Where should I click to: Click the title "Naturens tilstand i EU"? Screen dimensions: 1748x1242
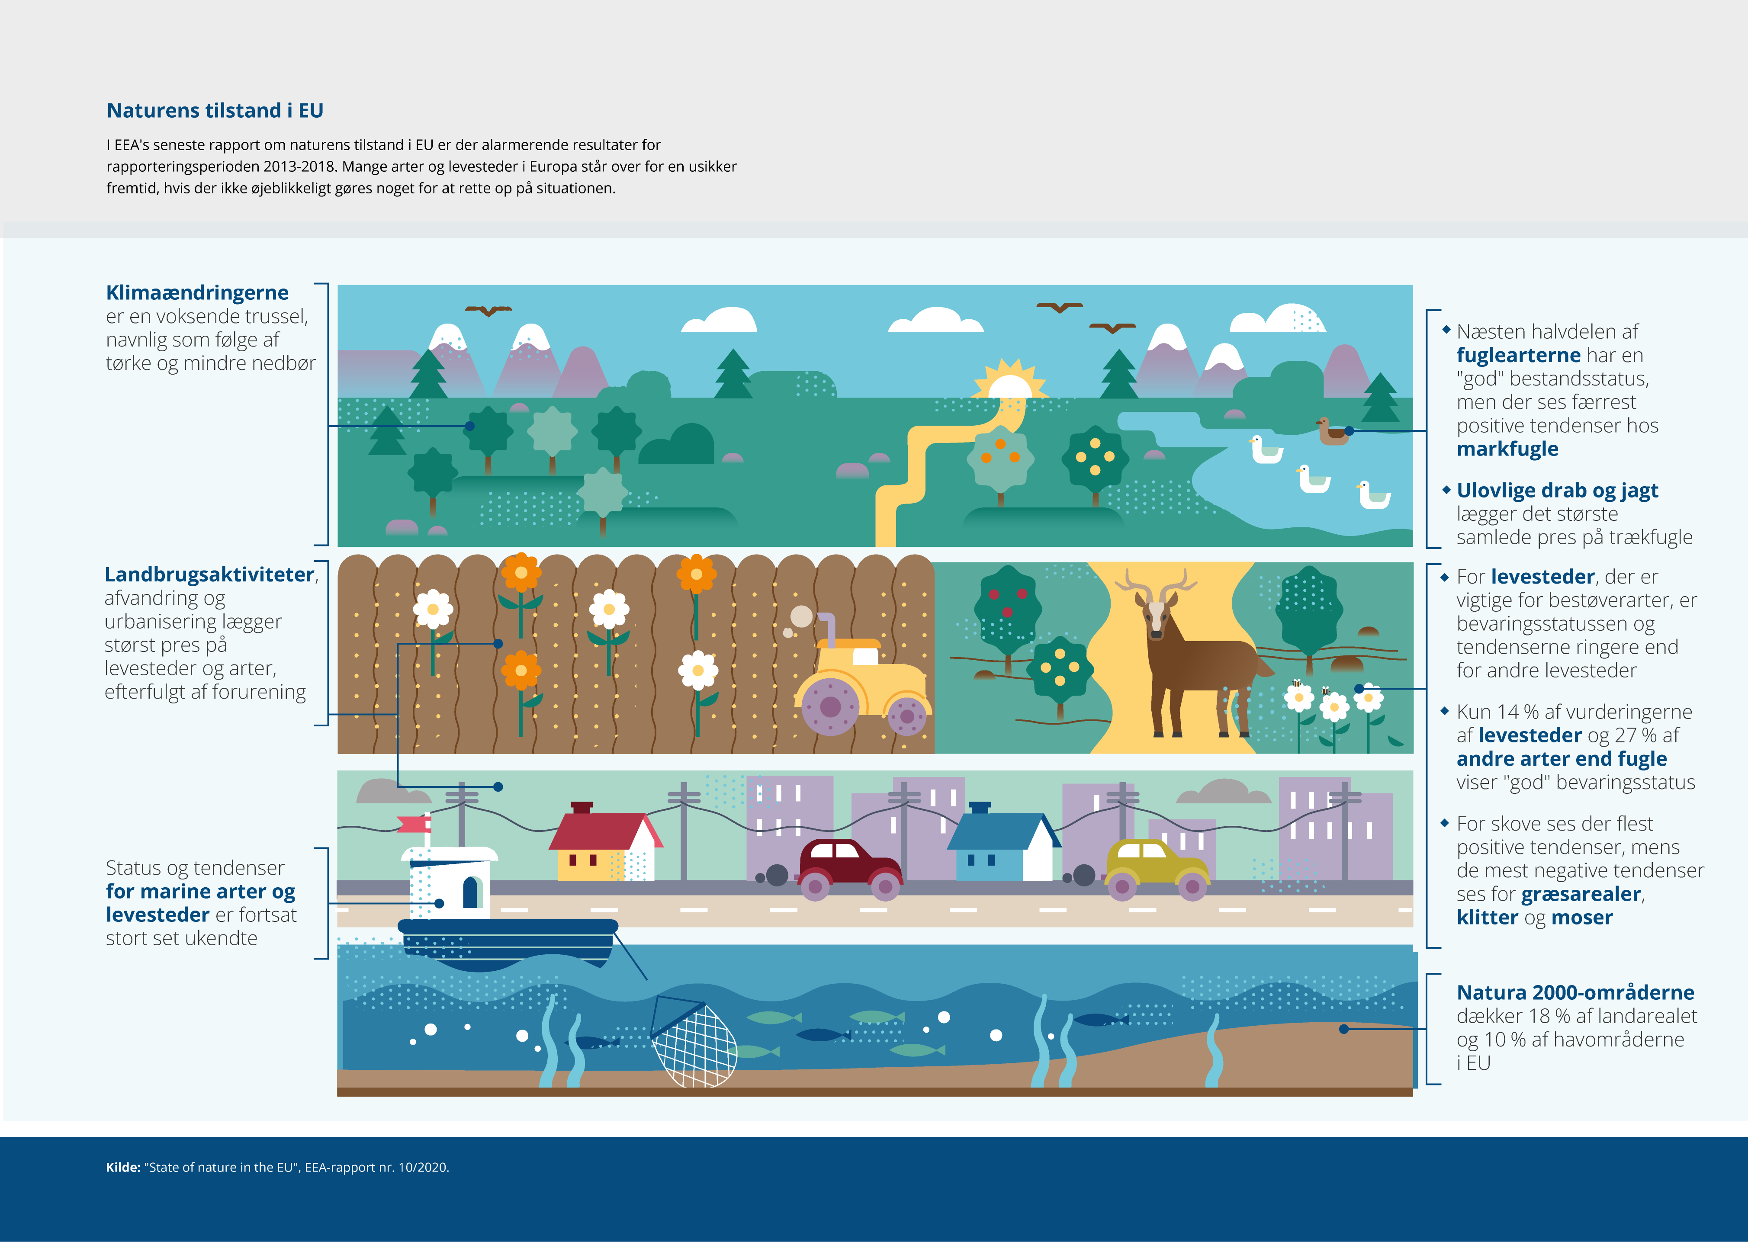pyautogui.click(x=215, y=111)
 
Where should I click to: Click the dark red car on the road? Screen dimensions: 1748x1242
pyautogui.click(x=850, y=869)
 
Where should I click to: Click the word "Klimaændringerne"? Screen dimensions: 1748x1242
pyautogui.click(x=197, y=293)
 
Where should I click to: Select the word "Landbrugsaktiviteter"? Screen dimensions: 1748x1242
pyautogui.click(x=209, y=574)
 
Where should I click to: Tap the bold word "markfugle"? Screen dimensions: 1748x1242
pyautogui.click(x=1507, y=449)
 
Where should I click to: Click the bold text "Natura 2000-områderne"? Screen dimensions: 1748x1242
pyautogui.click(x=1575, y=993)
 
